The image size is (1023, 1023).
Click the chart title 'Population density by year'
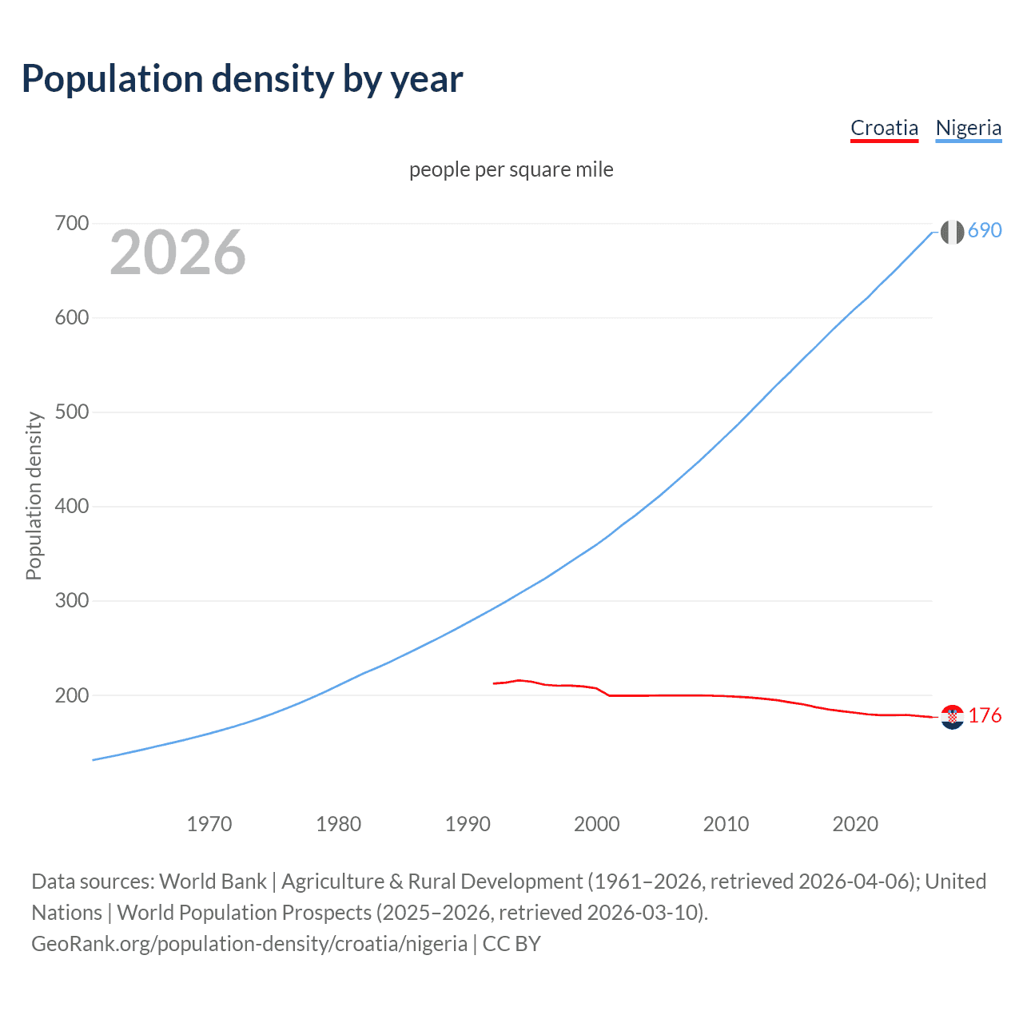(x=242, y=79)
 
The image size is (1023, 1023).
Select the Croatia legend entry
(x=884, y=128)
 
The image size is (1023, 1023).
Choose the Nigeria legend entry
(x=968, y=128)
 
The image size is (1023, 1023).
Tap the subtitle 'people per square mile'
(x=511, y=169)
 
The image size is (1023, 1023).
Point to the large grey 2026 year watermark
(x=177, y=253)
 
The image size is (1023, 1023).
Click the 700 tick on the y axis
(x=72, y=223)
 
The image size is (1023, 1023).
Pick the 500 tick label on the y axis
(x=72, y=412)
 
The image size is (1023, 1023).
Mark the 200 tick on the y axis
(x=72, y=695)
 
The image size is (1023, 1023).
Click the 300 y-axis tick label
(x=72, y=601)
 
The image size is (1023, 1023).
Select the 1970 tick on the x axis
(x=209, y=824)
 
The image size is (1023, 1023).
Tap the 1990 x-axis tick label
(x=468, y=824)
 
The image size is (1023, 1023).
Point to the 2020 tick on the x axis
(x=855, y=824)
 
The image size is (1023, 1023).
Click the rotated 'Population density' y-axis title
(x=34, y=496)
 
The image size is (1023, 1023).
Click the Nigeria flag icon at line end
(x=952, y=232)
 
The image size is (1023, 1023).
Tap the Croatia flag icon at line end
(x=952, y=717)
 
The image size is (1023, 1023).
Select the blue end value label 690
(x=985, y=231)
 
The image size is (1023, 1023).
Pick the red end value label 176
(x=985, y=716)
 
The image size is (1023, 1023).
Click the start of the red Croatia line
(x=495, y=683)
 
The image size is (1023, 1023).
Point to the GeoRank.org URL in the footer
(x=249, y=944)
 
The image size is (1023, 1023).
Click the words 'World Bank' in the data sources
(x=213, y=882)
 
